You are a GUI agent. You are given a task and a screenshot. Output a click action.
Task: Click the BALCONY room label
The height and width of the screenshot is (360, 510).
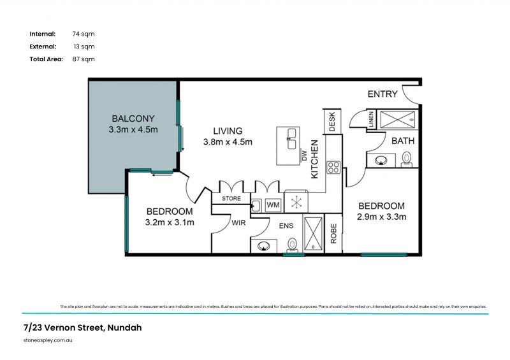pos(133,119)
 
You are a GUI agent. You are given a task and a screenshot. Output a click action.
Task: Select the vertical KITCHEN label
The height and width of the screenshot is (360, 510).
pos(314,159)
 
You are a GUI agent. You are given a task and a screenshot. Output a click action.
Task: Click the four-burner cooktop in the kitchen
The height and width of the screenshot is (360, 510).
pos(333,168)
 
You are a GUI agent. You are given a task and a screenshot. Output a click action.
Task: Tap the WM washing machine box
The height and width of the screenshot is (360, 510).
pos(273,205)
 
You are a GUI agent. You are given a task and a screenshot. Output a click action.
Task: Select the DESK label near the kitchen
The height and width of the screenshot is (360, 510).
pos(332,121)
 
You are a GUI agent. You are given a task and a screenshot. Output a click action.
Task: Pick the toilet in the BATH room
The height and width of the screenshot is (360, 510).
pos(407,159)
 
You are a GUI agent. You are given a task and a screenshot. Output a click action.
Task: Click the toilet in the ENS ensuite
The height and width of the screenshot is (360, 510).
pos(293,244)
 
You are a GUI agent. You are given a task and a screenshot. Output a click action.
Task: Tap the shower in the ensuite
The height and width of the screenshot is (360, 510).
pos(313,234)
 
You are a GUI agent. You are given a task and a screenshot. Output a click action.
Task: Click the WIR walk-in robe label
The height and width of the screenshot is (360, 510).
pos(238,224)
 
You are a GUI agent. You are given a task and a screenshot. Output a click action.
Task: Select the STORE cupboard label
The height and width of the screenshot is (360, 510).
pos(230,199)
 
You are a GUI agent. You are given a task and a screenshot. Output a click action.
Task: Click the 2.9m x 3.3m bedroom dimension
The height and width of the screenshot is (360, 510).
pos(382,217)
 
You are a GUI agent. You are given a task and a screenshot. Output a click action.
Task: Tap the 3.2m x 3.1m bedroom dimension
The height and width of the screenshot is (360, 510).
pos(170,222)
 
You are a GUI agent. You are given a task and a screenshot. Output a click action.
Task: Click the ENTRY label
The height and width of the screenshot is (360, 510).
pos(382,94)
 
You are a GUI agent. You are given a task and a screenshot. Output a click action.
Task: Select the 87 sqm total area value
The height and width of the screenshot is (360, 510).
pos(84,59)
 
